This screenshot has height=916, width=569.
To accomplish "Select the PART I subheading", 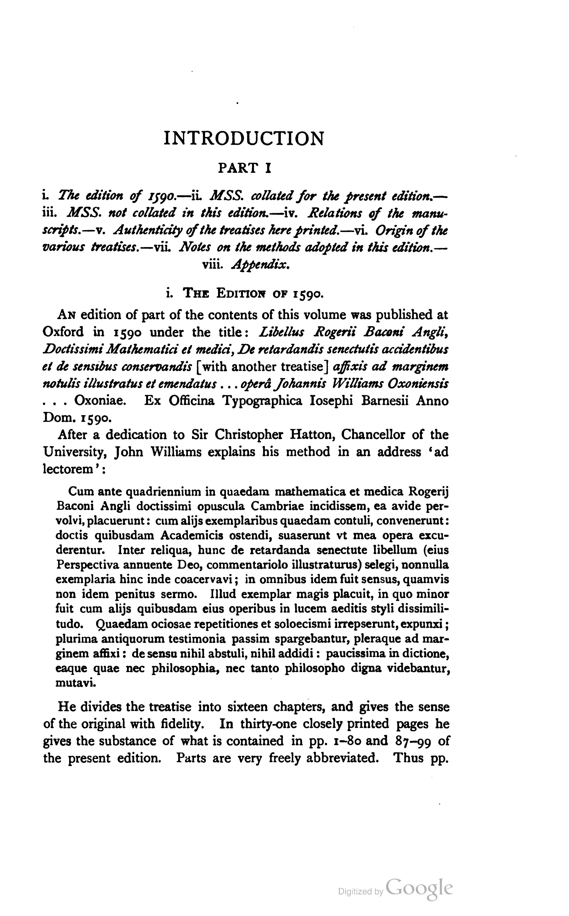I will pyautogui.click(x=245, y=168).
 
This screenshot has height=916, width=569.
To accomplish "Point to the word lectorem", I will pyautogui.click(x=68, y=469).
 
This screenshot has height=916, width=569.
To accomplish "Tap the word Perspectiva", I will pyautogui.click(x=88, y=565).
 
